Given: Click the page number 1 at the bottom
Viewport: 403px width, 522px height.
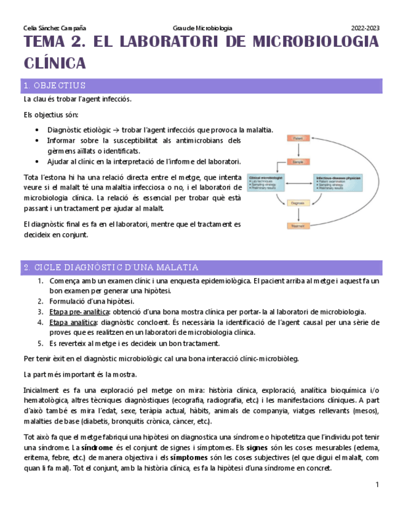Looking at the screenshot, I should click(377, 486).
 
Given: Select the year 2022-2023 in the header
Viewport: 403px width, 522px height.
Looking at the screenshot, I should click(365, 28).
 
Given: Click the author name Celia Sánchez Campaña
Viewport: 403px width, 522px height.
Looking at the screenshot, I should click(54, 28).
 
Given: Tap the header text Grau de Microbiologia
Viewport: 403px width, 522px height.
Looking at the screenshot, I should click(202, 28).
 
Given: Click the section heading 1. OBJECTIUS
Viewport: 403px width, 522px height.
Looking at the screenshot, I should click(54, 86).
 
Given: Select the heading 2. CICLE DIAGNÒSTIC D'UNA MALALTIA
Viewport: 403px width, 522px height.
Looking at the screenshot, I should click(111, 267).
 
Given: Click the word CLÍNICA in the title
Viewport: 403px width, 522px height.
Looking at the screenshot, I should click(54, 63).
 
